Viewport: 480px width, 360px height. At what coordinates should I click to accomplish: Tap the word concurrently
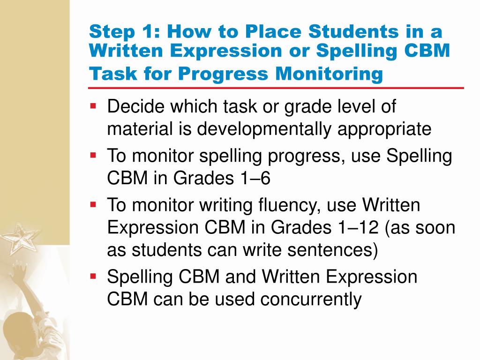(x=288, y=299)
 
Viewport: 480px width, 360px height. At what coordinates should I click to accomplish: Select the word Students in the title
(x=324, y=32)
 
